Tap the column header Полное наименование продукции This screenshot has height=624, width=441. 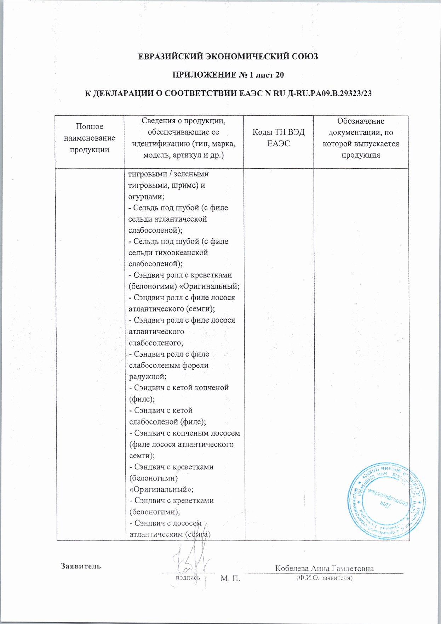pyautogui.click(x=90, y=138)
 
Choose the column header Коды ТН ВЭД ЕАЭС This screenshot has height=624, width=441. pyautogui.click(x=279, y=138)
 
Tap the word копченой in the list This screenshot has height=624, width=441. pyautogui.click(x=211, y=388)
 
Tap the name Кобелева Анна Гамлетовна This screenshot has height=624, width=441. pyautogui.click(x=324, y=568)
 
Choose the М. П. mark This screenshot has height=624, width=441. pyautogui.click(x=230, y=579)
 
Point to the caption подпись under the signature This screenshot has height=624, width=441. pyautogui.click(x=188, y=578)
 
